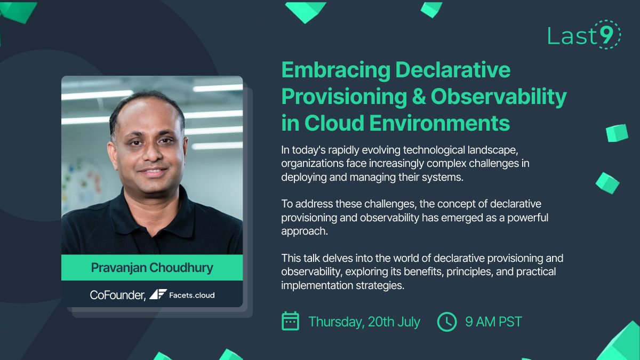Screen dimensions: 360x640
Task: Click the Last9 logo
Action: pyautogui.click(x=583, y=35)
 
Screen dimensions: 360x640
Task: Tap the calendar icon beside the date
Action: pyautogui.click(x=290, y=322)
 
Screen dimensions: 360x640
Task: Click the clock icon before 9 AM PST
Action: pyautogui.click(x=447, y=322)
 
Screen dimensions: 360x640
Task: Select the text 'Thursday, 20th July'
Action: pyautogui.click(x=364, y=322)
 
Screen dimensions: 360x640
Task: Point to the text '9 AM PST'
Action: pyautogui.click(x=493, y=322)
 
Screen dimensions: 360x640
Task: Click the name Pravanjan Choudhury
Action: pyautogui.click(x=152, y=268)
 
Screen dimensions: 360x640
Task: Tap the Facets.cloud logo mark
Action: pyautogui.click(x=158, y=294)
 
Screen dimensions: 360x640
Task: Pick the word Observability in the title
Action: pyautogui.click(x=499, y=97)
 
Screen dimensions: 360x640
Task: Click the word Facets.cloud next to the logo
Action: pyautogui.click(x=191, y=295)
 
